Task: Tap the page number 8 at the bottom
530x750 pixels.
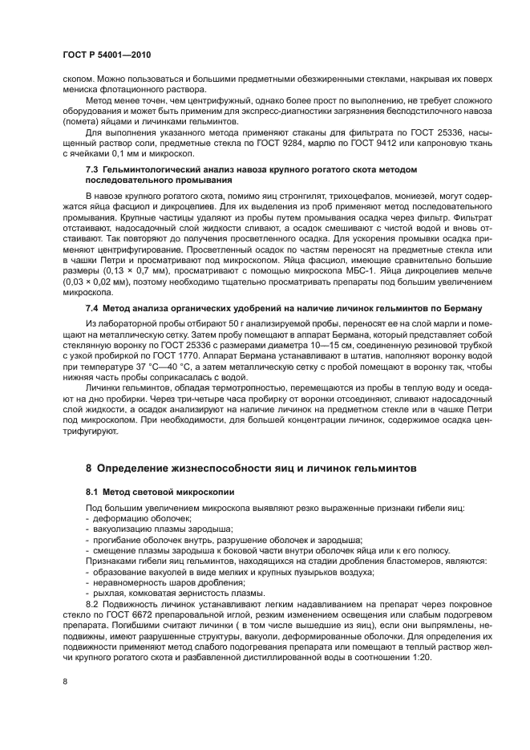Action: [65, 683]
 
